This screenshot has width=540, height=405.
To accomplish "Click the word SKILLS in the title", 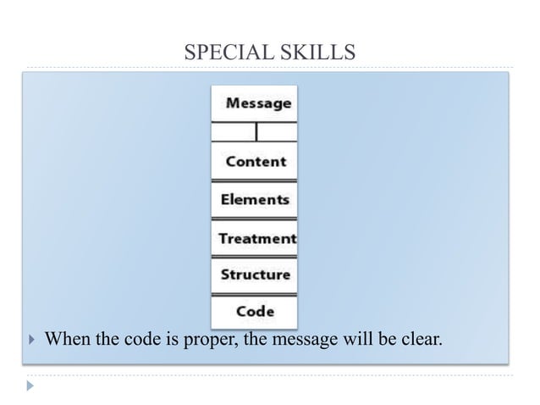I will tap(319, 53).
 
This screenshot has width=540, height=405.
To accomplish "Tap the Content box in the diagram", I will tap(255, 161).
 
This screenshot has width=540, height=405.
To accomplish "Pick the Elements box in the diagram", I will tap(255, 200).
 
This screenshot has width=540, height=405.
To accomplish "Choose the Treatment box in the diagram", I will tap(255, 238).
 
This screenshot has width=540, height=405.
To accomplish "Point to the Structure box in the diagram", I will tap(255, 275).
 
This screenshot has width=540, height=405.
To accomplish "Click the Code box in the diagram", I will tap(255, 312).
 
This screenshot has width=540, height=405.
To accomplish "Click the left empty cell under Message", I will tap(233, 132).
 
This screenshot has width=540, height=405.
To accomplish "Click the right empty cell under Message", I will tap(277, 132).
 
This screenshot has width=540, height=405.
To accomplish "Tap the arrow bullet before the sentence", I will tap(31, 341).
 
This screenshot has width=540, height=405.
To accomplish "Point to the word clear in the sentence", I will tap(422, 341).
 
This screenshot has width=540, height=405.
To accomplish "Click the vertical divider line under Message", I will tap(256, 132).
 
